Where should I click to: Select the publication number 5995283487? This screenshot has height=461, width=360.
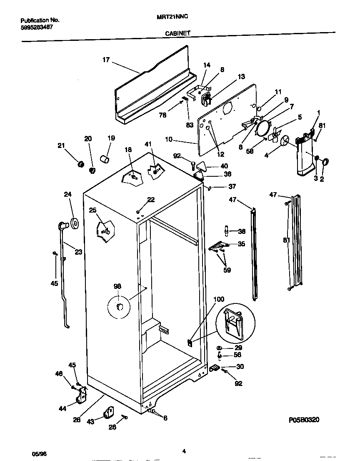click(x=37, y=27)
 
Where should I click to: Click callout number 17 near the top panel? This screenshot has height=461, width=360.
click(x=106, y=60)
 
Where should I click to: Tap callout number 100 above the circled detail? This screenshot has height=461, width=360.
click(x=218, y=300)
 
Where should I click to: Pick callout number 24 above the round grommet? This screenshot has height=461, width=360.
click(x=68, y=194)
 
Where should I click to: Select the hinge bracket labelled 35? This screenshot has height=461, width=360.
click(x=217, y=247)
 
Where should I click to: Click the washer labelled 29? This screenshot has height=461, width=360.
click(x=219, y=348)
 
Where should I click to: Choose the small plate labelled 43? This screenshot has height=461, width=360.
click(x=109, y=413)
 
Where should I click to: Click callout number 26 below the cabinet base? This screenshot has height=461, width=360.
click(x=76, y=420)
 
